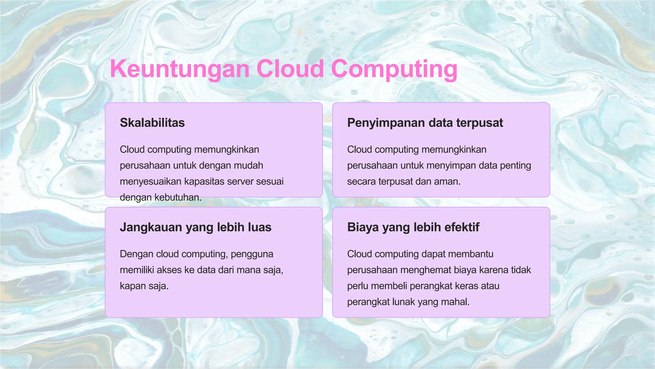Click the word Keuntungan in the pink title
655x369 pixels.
pyautogui.click(x=179, y=69)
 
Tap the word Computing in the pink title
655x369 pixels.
pyautogui.click(x=394, y=69)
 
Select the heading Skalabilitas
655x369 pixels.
pyautogui.click(x=152, y=123)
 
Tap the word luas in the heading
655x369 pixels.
pyautogui.click(x=259, y=227)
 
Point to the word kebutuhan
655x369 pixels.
pyautogui.click(x=178, y=198)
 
